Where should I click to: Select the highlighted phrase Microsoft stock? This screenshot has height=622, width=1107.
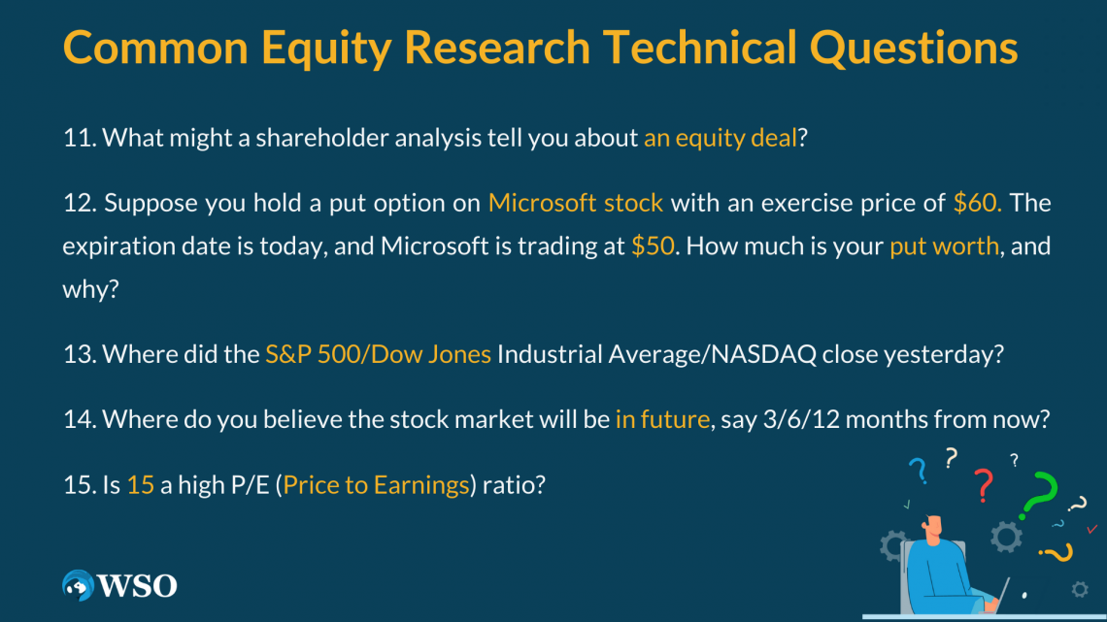coord(576,203)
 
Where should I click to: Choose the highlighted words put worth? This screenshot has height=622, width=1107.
coord(944,246)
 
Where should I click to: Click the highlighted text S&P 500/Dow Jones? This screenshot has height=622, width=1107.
coord(378,354)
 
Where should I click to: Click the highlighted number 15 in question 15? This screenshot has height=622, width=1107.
coord(141,484)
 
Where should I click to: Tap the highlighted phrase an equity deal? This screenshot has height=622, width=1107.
coord(720,138)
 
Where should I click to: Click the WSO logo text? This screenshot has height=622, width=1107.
coord(136,585)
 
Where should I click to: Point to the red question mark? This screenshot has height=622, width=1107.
coord(983,482)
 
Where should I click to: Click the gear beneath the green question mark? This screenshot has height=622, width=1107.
coord(1006,536)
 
